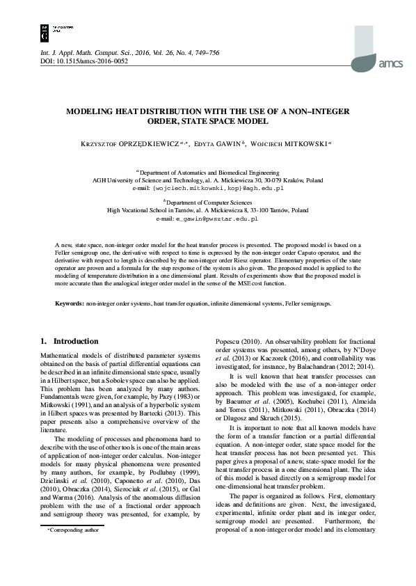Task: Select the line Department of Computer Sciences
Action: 207,200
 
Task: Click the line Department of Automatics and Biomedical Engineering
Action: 207,171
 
